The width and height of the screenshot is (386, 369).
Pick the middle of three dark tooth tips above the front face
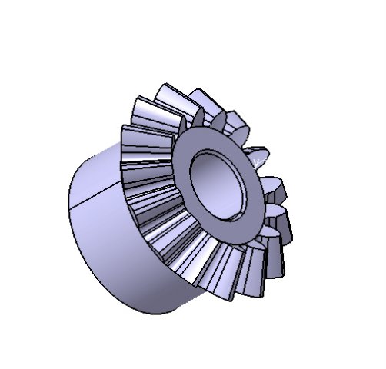click(217, 119)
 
